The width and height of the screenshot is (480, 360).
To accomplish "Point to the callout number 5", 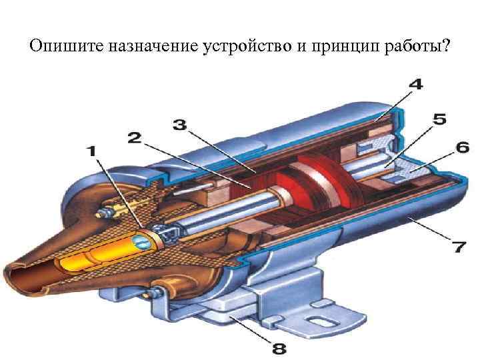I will coord(439,120).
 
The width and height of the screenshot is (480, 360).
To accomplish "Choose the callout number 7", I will coord(459,248).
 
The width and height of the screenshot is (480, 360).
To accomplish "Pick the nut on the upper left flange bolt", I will coord(105,212).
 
